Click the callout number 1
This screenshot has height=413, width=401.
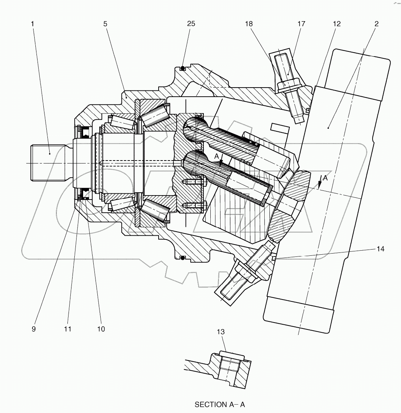[x=32, y=24]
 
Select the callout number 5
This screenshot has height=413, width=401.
[x=105, y=24]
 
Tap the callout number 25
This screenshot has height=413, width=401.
[x=191, y=24]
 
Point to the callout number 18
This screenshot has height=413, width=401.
[x=249, y=24]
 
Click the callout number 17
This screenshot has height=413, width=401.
[x=301, y=24]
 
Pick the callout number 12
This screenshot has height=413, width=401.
[x=337, y=24]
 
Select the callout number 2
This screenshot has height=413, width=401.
[x=377, y=24]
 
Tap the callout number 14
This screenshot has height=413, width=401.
[x=381, y=249]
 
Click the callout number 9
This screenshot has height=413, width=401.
[x=34, y=329]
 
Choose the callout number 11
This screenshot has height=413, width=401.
[x=67, y=329]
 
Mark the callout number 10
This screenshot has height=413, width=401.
[x=101, y=329]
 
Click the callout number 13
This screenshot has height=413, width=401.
[x=221, y=332]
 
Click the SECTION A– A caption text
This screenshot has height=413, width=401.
[x=220, y=404]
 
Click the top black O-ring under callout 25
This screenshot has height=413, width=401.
[x=183, y=68]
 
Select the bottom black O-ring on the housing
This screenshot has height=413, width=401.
[x=183, y=258]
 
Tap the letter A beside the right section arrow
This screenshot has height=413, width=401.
[x=326, y=178]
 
